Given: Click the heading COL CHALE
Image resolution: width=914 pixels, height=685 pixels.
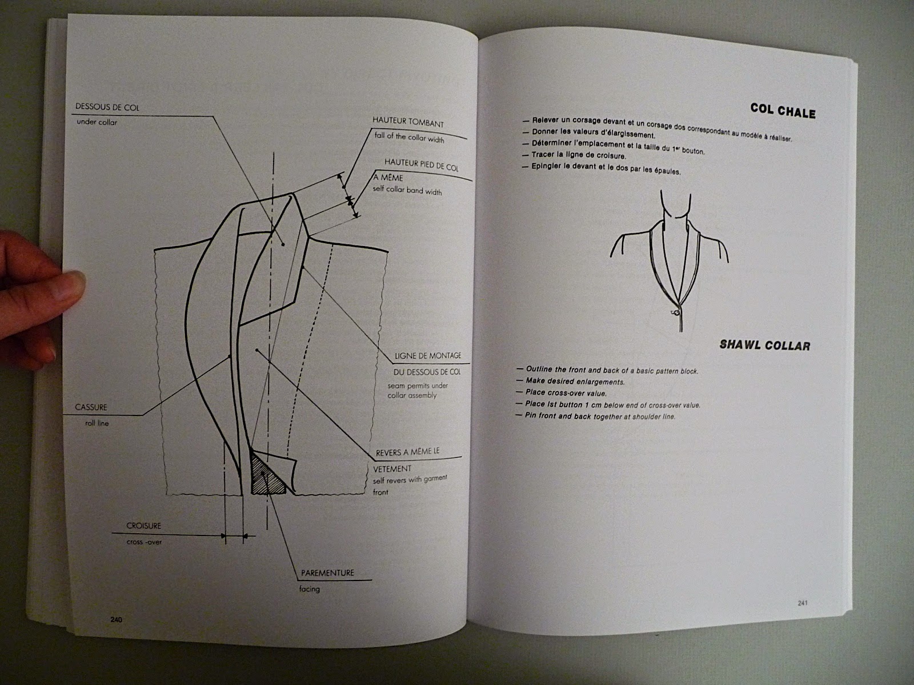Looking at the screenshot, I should click(x=783, y=111).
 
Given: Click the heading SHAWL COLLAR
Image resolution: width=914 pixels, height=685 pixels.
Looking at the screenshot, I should click(x=764, y=345).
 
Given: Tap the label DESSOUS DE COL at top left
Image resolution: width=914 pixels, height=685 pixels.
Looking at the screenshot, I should click(x=107, y=107).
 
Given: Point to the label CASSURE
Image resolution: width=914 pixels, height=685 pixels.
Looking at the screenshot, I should click(x=91, y=408).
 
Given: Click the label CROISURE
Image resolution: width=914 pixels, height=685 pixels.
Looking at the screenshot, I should click(x=144, y=526).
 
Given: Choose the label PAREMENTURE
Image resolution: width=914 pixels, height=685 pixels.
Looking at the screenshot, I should click(x=327, y=573).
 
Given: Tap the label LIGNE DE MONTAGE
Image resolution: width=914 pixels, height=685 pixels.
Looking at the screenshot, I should click(x=428, y=356).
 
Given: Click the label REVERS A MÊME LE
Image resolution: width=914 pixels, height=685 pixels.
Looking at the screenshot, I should click(x=407, y=452).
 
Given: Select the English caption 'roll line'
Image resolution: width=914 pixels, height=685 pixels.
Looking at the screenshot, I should click(x=97, y=424).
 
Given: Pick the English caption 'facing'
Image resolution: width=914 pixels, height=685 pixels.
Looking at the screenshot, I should click(x=309, y=589).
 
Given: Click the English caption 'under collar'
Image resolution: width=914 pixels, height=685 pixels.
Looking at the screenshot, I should click(x=97, y=122).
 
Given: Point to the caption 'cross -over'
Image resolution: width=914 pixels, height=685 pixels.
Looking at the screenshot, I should click(x=144, y=542).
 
